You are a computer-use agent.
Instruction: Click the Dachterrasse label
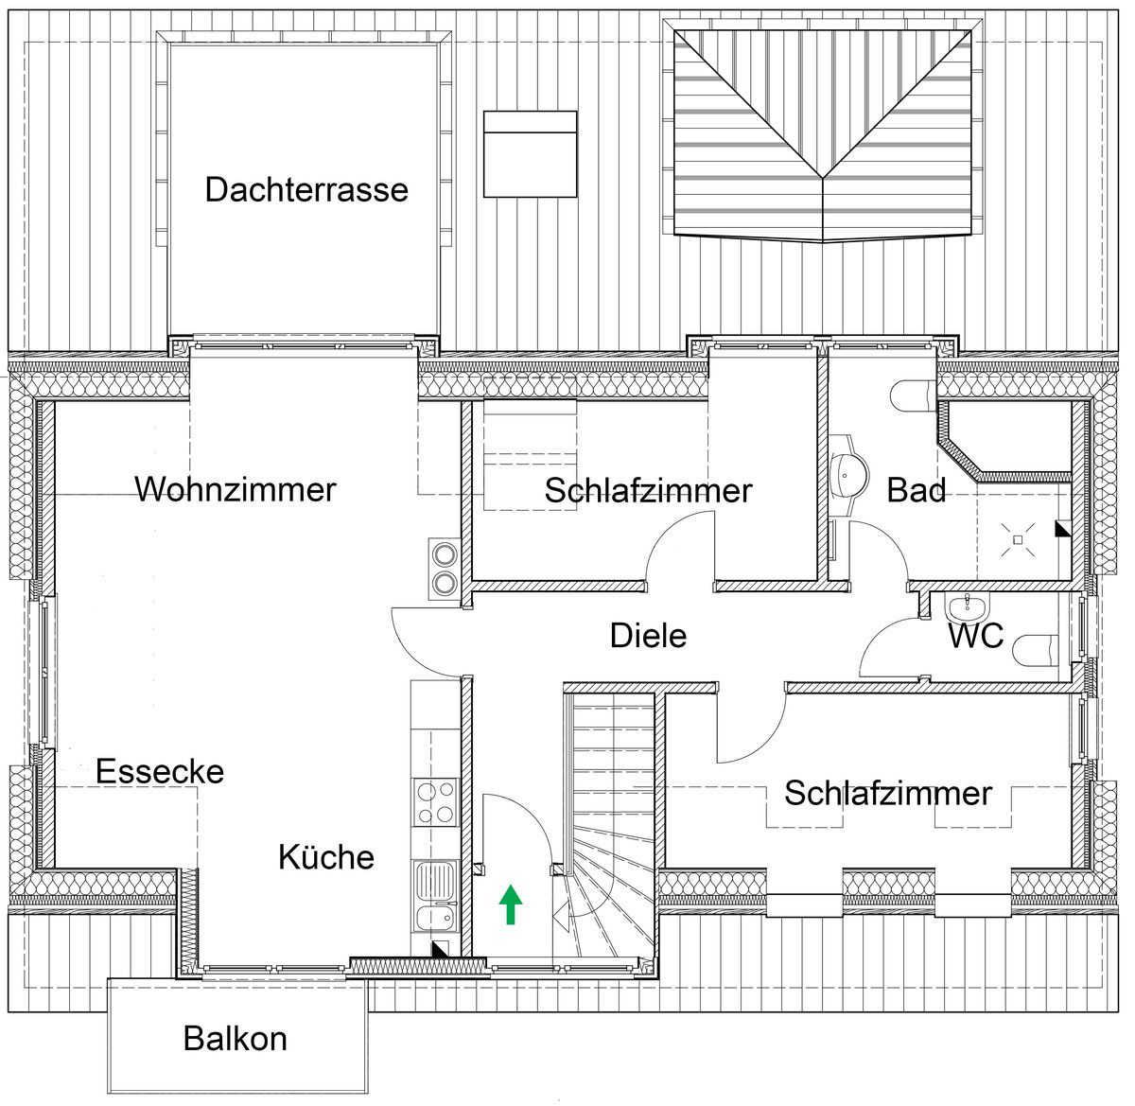coord(306,189)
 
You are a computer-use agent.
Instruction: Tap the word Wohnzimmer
coord(236,489)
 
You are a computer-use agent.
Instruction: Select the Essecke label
coord(160,771)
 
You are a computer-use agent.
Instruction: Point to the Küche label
coord(326,857)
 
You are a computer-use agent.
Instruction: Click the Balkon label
coord(236,1039)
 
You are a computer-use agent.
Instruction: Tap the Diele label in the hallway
coord(648,635)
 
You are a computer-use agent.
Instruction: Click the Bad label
coord(917,490)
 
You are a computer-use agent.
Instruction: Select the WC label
coord(976,635)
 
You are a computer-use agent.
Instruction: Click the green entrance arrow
coord(511,904)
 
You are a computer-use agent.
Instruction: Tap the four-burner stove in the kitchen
coord(436,802)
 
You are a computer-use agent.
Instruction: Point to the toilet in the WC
coord(1036,652)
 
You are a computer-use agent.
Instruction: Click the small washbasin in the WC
coord(967,607)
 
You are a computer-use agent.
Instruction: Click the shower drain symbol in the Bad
coord(1018,539)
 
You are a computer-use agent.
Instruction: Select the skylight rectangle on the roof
coord(531,154)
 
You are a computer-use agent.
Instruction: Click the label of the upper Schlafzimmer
coord(648,491)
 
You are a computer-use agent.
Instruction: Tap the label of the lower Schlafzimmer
coord(888,793)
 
